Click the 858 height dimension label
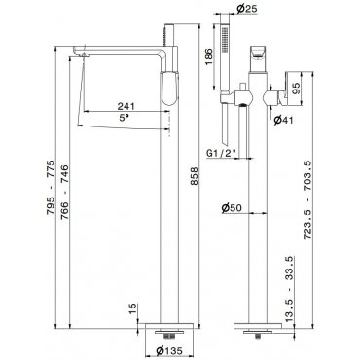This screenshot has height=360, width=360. coord(194,176)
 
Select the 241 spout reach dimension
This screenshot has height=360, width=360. coord(126,106)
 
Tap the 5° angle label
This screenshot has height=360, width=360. coord(124,118)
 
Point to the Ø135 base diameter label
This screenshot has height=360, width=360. coord(169,350)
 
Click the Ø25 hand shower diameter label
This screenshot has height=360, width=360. coord(247,9)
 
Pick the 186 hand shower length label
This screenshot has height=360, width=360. coord(208,56)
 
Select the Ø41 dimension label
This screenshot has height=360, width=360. coord(283,120)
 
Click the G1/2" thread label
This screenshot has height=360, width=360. coord(222,153)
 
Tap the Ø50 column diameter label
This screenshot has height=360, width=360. coord(232,207)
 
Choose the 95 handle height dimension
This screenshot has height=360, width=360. coord(297,88)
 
